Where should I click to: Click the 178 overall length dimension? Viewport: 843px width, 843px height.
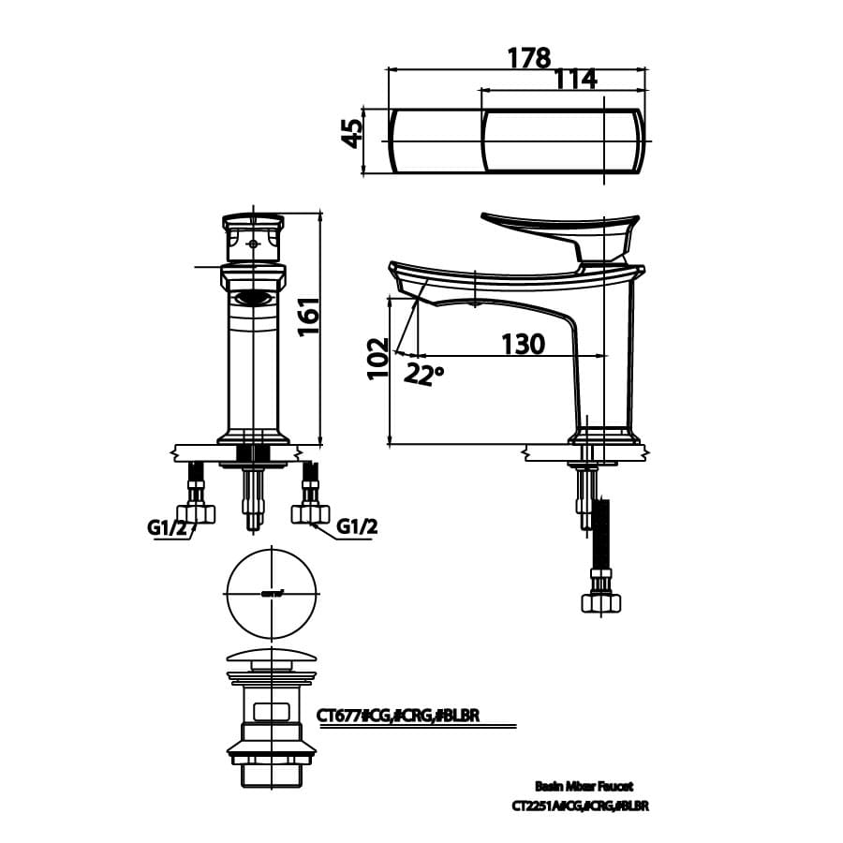point(528,58)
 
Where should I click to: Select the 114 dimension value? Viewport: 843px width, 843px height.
point(575,81)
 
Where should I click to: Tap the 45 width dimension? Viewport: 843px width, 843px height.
point(351,133)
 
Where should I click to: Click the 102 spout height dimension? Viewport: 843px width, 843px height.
point(377,357)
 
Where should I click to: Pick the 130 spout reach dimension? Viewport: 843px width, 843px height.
point(522,345)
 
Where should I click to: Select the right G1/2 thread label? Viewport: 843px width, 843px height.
point(356,526)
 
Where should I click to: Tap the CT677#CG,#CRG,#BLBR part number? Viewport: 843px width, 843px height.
point(398,716)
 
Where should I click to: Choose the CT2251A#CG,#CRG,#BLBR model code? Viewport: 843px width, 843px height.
point(580,806)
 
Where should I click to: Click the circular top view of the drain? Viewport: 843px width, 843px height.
point(272,594)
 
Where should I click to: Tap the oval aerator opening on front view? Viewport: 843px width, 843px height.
point(253,299)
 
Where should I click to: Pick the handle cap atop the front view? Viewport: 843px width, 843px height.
point(253,222)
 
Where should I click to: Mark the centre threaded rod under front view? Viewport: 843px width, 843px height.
point(251,496)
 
